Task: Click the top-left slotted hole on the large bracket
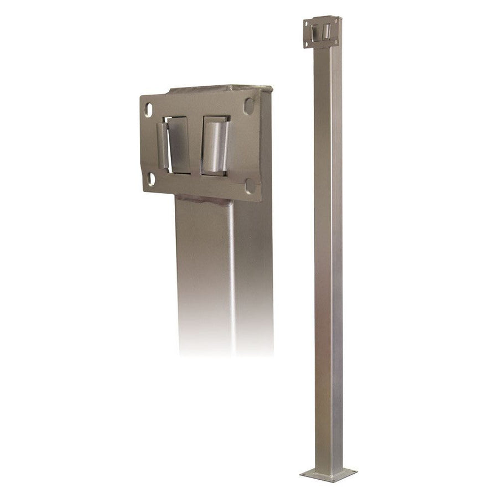149,110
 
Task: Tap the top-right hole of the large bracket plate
248,106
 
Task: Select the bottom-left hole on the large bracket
151,179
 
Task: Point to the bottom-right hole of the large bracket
250,186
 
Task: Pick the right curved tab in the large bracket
215,147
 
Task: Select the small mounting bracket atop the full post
323,32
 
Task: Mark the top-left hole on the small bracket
307,23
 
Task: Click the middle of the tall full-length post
328,249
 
